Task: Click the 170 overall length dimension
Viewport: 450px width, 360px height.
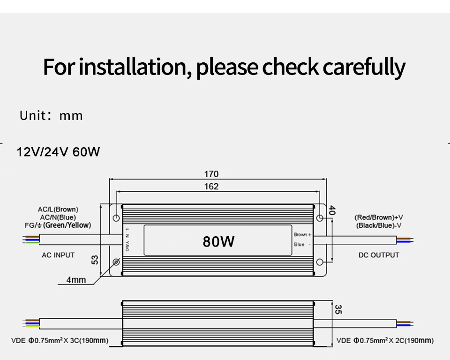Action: tap(211, 174)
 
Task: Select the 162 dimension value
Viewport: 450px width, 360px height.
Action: tap(211, 186)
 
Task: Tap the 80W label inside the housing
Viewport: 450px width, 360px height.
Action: tap(218, 241)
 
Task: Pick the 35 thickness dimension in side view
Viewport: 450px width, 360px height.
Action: tap(338, 309)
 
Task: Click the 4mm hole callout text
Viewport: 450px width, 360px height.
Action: tap(76, 280)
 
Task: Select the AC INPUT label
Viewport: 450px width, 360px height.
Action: tap(58, 255)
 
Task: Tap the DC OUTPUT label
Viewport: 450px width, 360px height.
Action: tap(379, 255)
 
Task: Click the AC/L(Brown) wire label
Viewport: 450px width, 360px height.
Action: tap(58, 209)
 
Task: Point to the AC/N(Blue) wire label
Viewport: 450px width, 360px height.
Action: tap(58, 217)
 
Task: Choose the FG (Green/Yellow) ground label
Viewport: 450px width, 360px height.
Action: tap(58, 225)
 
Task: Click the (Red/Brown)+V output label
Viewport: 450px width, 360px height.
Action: tap(379, 217)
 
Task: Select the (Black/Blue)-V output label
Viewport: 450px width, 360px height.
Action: tap(379, 225)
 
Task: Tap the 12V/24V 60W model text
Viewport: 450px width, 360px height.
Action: tap(58, 152)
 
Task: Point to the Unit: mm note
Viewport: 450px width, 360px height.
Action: tap(51, 116)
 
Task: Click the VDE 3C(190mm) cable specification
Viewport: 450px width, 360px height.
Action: tap(60, 340)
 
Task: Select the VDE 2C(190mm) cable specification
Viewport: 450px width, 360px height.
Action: tap(385, 340)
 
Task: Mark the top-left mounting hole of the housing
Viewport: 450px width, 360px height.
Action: tap(116, 218)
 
